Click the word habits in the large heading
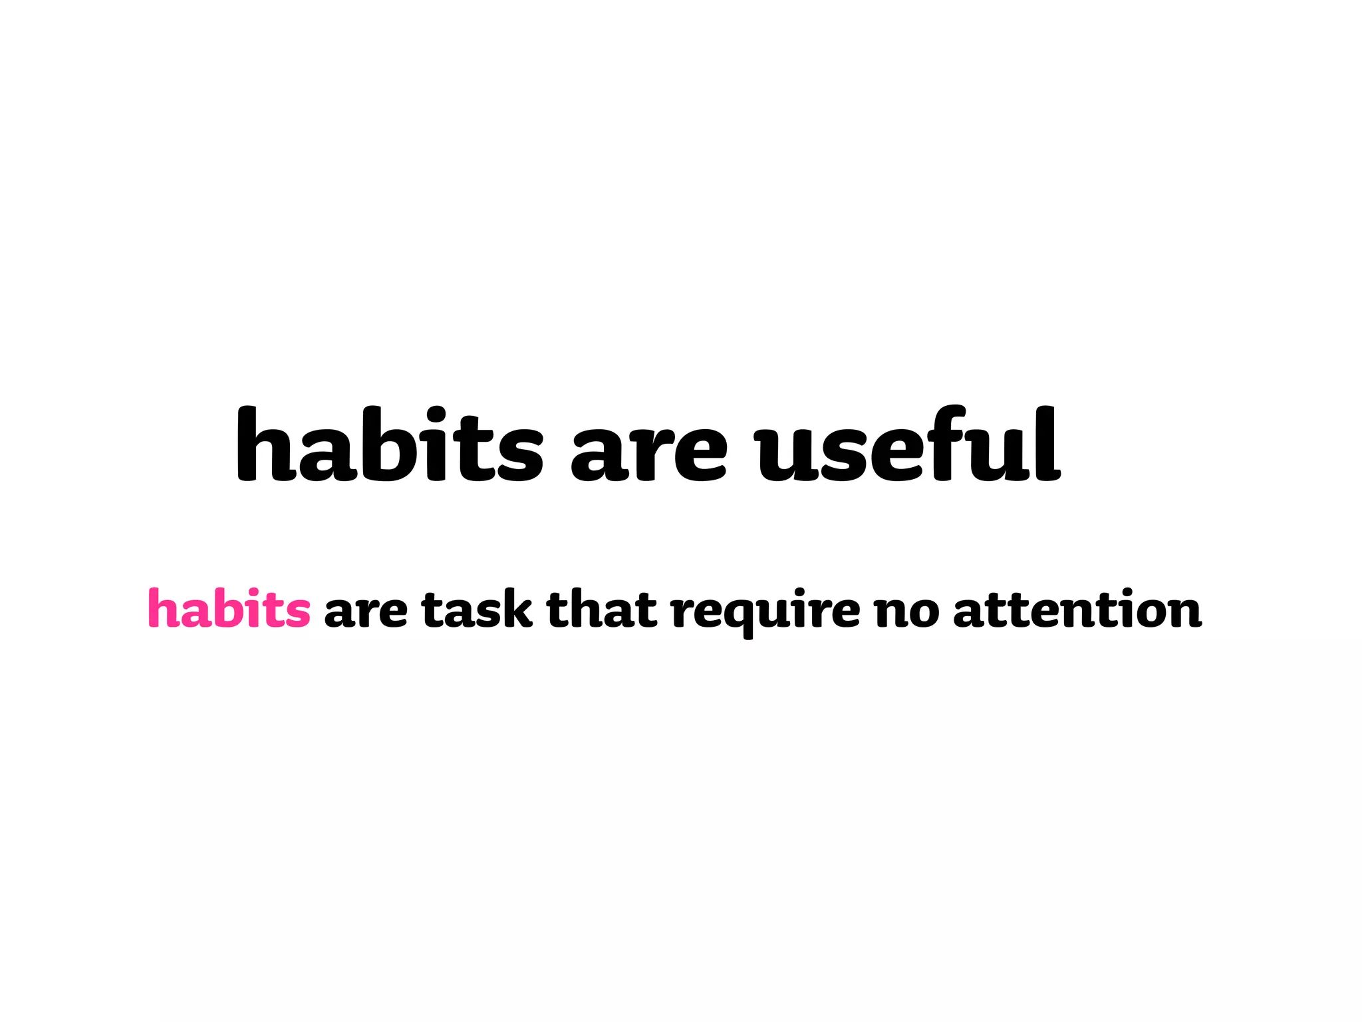click(390, 444)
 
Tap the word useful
click(908, 444)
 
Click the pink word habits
click(229, 608)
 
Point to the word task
click(477, 608)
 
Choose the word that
click(602, 608)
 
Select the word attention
click(1077, 608)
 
